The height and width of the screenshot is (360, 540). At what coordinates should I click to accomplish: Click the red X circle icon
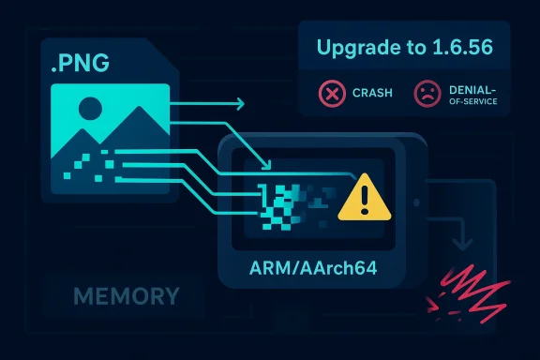333,94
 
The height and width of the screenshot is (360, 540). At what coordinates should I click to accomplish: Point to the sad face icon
427,94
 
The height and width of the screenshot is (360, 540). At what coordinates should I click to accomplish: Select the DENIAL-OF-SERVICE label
474,94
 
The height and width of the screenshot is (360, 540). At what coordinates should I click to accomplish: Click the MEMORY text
126,297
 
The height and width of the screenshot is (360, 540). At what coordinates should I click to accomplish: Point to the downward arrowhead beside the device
460,246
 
